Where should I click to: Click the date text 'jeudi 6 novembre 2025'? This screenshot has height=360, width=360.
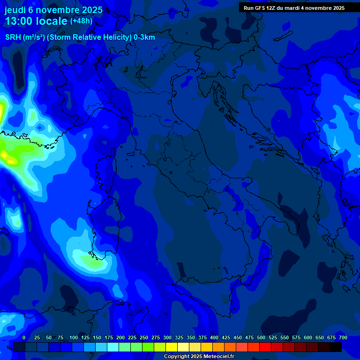(x=53, y=10)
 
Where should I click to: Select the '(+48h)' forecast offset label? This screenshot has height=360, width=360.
(x=81, y=21)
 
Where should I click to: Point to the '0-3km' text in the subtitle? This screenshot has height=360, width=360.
(x=144, y=37)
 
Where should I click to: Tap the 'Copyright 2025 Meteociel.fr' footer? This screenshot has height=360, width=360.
(x=199, y=357)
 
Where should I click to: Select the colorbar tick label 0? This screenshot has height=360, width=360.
(x=24, y=337)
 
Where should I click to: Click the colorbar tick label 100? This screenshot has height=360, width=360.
(x=74, y=337)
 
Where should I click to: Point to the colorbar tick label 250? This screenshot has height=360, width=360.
(x=144, y=337)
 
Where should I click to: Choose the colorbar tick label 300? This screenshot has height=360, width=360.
(x=167, y=337)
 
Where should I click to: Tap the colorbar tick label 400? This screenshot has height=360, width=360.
(x=214, y=337)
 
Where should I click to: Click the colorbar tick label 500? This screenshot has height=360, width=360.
(x=261, y=337)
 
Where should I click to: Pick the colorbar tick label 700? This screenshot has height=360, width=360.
(x=343, y=337)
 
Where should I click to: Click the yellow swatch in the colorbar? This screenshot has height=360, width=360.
(x=172, y=347)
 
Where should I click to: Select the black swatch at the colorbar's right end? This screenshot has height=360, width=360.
(x=336, y=347)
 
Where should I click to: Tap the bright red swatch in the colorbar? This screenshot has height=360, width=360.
(x=265, y=347)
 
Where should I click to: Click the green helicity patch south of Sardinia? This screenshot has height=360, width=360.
(x=96, y=262)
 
